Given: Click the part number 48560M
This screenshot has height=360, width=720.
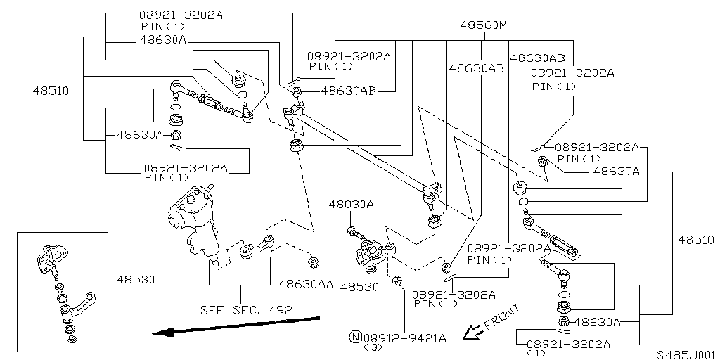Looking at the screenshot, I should point(484,25).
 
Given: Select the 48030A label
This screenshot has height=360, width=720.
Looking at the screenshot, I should point(351,204).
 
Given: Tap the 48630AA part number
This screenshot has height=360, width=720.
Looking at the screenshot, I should point(306,285).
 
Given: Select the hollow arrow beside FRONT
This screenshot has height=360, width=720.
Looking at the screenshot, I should point(471,331).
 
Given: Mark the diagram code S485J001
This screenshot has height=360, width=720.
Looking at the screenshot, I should point(686,355).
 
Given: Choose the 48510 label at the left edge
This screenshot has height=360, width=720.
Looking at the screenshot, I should point(51,90).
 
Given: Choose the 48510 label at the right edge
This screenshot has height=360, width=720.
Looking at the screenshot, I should point(696,240).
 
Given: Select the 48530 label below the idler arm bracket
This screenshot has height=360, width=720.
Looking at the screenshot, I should point(359,287).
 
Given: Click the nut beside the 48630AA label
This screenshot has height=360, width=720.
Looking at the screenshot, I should point(314,264).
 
